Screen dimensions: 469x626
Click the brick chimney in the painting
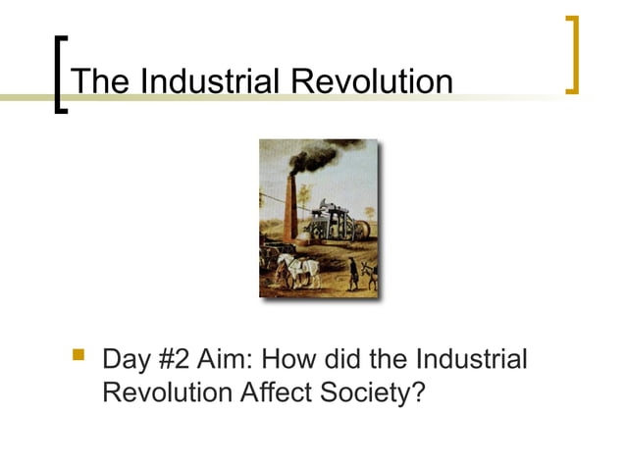(x=288, y=212)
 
